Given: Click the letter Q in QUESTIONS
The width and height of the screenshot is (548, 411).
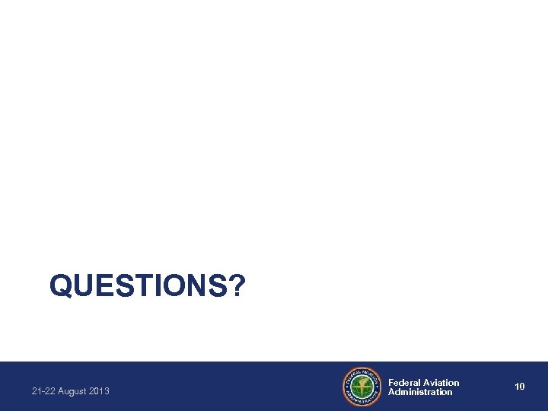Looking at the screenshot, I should tap(60, 287).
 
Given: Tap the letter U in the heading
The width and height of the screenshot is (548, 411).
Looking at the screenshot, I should tap(80, 287).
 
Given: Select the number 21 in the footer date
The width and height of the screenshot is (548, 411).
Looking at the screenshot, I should tap(37, 391).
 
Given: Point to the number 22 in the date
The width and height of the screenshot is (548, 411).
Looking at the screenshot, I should tap(49, 391).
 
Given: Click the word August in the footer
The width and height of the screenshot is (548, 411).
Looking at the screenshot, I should tap(71, 391).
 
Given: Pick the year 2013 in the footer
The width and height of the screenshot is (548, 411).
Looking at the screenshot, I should tap(99, 391).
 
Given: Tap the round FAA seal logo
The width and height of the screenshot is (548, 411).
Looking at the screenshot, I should tap(362, 387).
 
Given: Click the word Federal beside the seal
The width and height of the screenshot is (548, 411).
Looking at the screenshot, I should tap(405, 382).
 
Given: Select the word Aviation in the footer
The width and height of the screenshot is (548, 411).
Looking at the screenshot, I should tap(441, 382).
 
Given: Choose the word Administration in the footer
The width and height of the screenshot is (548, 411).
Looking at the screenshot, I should tap(420, 392).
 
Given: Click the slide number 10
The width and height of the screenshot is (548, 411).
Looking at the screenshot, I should tap(520, 387).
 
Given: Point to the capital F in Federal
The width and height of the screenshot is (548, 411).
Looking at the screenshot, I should tap(391, 382).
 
